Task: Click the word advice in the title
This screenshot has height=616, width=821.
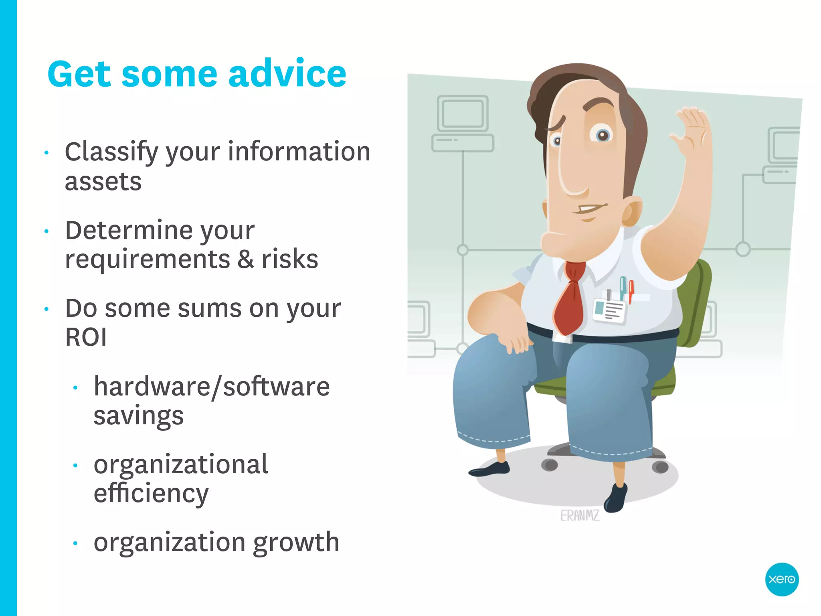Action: click(x=287, y=74)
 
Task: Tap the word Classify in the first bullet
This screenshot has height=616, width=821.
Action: click(x=112, y=152)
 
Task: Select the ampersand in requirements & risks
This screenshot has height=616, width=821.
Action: click(x=245, y=259)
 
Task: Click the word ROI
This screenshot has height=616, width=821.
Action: click(x=86, y=337)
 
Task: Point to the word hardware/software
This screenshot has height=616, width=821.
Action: click(x=212, y=387)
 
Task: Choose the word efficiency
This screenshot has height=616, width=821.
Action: click(x=151, y=493)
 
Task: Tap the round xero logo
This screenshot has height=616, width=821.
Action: click(x=781, y=579)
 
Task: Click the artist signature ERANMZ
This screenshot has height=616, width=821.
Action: click(x=580, y=516)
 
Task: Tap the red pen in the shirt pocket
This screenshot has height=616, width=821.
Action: click(x=631, y=291)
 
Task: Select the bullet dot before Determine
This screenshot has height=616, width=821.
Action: click(x=47, y=231)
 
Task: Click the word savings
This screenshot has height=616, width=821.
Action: click(x=138, y=416)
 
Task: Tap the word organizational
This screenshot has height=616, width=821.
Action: click(x=180, y=464)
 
